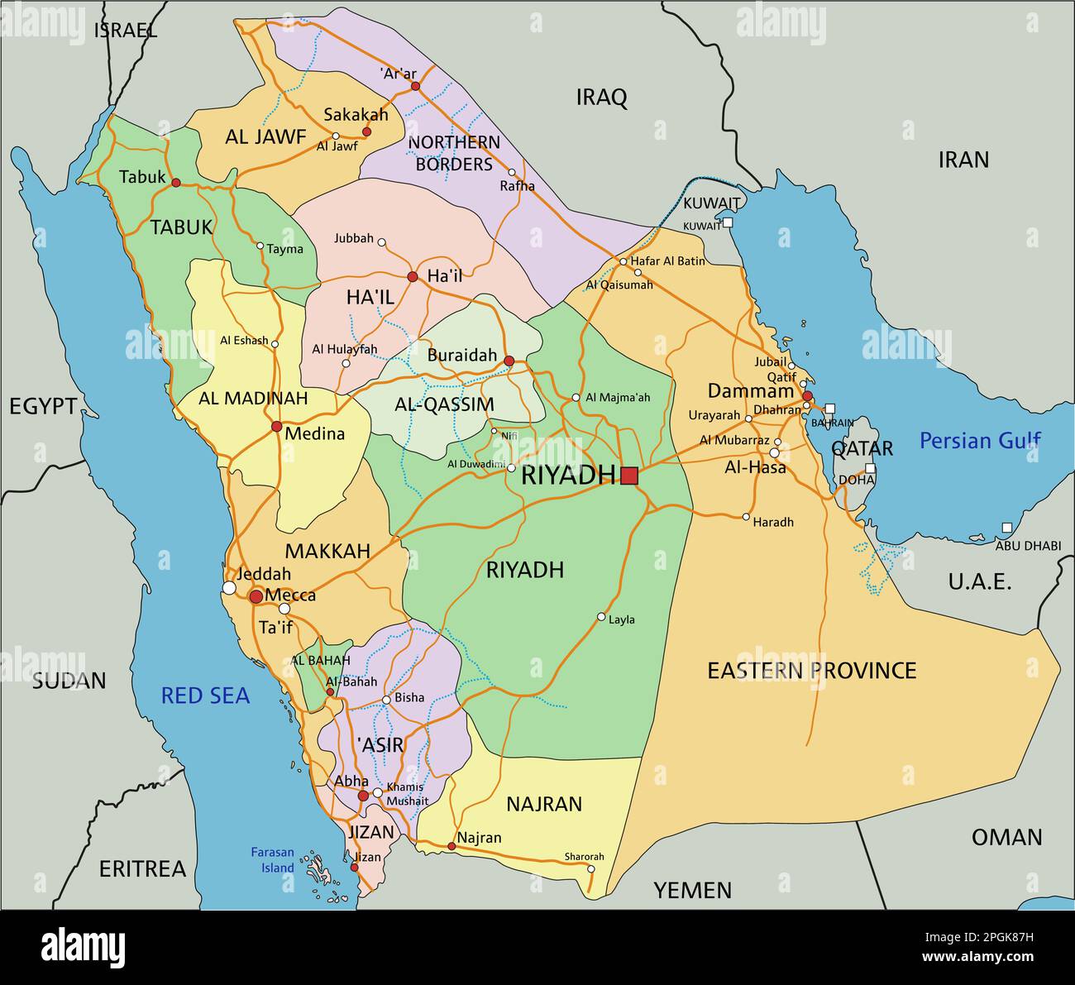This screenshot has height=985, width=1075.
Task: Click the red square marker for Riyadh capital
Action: tap(630, 476)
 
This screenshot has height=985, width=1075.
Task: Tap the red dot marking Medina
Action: tap(276, 427)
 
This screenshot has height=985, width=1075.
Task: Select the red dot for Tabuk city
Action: tap(175, 182)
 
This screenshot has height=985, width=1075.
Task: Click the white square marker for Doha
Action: tap(870, 468)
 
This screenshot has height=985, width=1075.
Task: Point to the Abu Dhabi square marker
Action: tap(1006, 528)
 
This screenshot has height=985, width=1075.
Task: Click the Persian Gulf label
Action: tap(980, 441)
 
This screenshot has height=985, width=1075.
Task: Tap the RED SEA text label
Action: tap(205, 696)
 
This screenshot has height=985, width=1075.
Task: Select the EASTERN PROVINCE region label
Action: tap(811, 670)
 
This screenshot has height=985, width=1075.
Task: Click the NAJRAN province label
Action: tap(543, 803)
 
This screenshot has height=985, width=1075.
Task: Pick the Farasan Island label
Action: tap(273, 860)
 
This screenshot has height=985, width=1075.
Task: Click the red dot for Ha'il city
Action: tap(412, 276)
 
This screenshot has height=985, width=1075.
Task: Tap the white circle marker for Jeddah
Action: tap(229, 588)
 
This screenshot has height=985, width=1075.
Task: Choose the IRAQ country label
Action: tap(601, 98)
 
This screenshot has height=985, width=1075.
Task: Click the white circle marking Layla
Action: tap(601, 617)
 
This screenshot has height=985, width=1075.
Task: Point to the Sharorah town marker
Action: tap(590, 868)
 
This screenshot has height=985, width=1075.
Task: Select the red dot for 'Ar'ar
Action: tap(415, 86)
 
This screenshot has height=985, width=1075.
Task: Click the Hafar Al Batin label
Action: tap(667, 261)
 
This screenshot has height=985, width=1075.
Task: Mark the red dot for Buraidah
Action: tap(509, 361)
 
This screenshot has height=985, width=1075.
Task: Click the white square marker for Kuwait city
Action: tap(727, 222)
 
